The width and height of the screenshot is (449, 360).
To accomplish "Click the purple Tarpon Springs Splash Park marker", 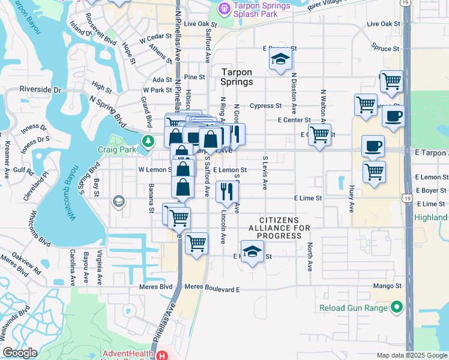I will pyautogui.click(x=224, y=8).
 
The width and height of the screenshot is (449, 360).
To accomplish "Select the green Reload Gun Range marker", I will pyautogui.click(x=396, y=308).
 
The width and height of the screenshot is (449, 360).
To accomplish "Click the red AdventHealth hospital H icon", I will pyautogui.click(x=161, y=356).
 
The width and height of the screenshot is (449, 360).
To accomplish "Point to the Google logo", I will pyautogui.click(x=20, y=353).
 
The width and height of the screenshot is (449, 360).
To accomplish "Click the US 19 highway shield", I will pyautogui.click(x=407, y=3).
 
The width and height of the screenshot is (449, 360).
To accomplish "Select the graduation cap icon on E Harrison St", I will pyautogui.click(x=253, y=251).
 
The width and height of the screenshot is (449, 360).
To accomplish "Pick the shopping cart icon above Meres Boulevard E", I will pyautogui.click(x=196, y=244).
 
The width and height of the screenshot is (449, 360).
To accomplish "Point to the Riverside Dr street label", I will pyautogui.click(x=40, y=89).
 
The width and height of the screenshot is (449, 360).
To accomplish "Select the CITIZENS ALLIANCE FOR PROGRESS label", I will pyautogui.click(x=279, y=229).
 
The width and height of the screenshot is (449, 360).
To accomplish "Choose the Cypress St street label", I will pyautogui.click(x=266, y=106).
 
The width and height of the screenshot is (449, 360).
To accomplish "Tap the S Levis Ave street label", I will pyautogui.click(x=265, y=173).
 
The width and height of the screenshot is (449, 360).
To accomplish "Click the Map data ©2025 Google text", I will pyautogui.click(x=411, y=355).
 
